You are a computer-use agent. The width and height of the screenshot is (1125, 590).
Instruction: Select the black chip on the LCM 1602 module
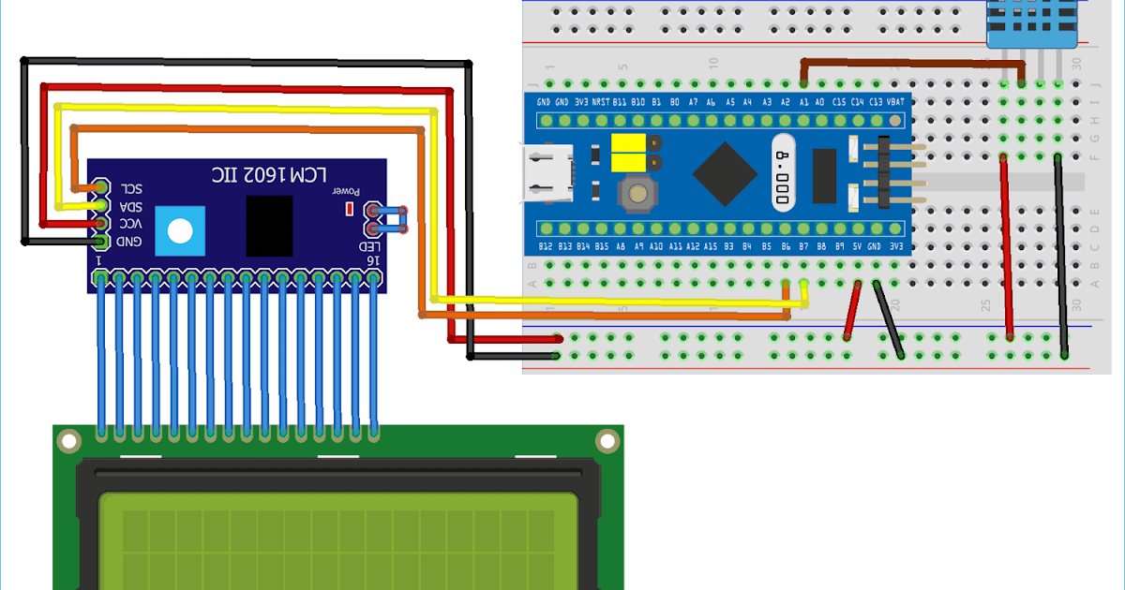[269, 226]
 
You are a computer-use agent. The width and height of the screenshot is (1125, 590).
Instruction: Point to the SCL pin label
[128, 187]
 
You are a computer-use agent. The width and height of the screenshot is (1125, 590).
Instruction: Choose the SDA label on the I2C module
[128, 206]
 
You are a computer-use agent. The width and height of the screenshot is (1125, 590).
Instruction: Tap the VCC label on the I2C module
[128, 224]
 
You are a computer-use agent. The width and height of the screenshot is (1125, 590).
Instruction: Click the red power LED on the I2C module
[350, 208]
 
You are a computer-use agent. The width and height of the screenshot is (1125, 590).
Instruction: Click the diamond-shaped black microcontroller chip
[725, 173]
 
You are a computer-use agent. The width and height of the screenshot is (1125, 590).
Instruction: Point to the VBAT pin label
[895, 101]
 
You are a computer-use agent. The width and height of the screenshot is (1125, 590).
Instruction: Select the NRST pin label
[600, 101]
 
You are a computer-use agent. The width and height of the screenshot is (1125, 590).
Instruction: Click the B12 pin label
[547, 246]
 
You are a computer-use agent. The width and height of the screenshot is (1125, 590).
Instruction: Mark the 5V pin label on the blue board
[857, 246]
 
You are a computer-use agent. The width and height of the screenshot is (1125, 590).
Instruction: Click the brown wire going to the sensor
[900, 62]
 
